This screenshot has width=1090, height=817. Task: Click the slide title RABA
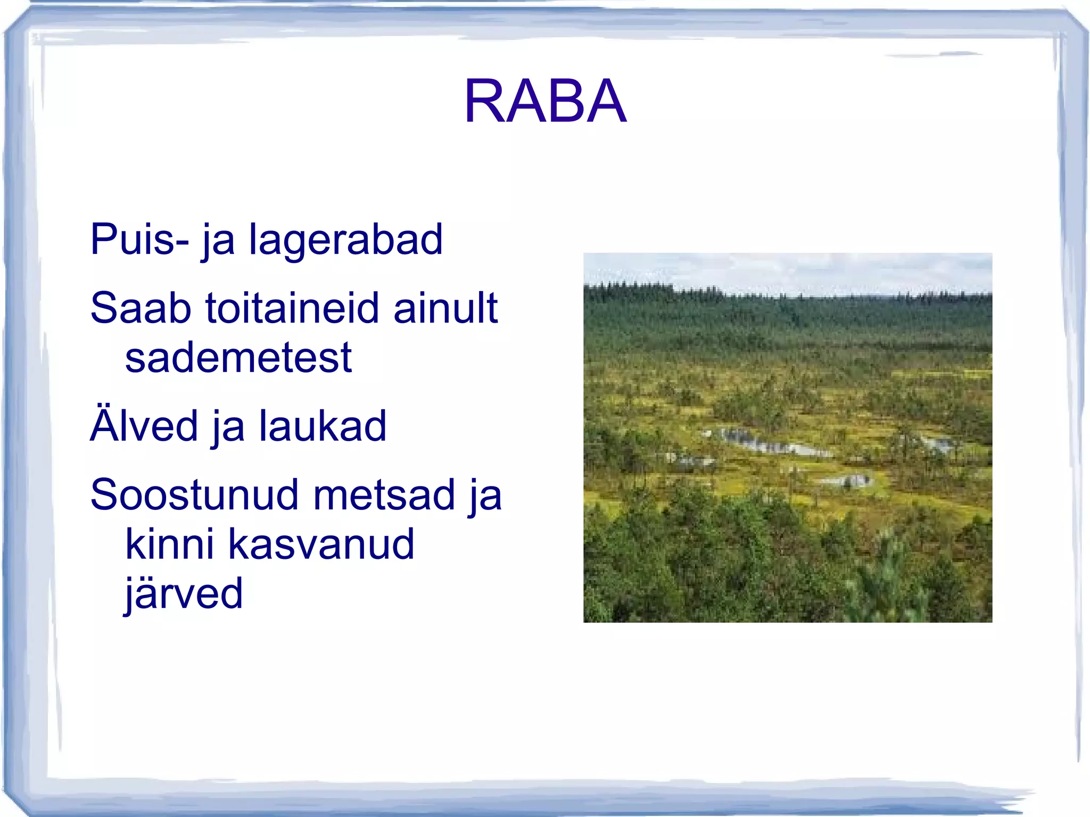point(545,101)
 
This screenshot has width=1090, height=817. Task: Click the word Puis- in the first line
point(139,240)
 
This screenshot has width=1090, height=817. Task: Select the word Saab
point(141,308)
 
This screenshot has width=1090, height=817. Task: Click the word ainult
point(445,308)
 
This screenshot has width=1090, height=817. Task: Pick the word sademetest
point(238,358)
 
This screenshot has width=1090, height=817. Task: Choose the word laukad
point(323,426)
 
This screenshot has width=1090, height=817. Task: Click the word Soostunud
point(195,495)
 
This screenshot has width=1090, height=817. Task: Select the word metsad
point(384,495)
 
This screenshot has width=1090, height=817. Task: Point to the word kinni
point(170,544)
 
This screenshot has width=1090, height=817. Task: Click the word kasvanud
point(321,544)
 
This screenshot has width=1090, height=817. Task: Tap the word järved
point(184,593)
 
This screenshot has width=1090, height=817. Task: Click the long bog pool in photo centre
point(772,443)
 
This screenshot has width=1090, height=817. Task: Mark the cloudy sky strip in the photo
point(788,271)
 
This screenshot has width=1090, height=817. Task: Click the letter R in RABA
point(484,101)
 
